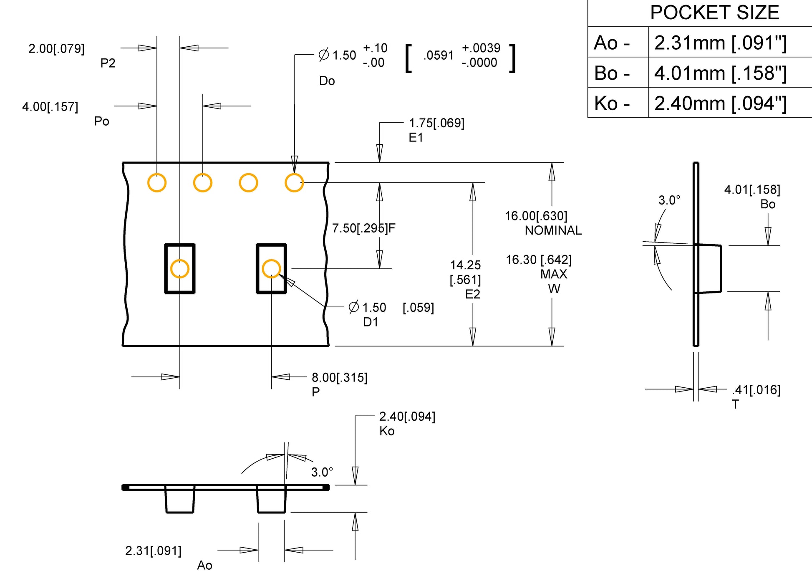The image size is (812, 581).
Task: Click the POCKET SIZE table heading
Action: (x=714, y=13)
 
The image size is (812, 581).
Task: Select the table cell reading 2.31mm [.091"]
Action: (x=720, y=43)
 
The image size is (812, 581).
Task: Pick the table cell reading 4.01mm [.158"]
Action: (x=720, y=73)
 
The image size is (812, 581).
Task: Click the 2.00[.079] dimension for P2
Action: (x=56, y=49)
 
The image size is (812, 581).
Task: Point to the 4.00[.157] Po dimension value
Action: (x=50, y=107)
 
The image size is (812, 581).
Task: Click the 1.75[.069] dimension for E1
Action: (x=436, y=123)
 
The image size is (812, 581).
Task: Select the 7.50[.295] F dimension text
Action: (x=363, y=228)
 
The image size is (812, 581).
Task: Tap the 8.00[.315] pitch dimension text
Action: (x=340, y=378)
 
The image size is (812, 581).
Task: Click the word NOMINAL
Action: (x=553, y=230)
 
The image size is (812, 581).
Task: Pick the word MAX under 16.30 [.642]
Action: (x=554, y=274)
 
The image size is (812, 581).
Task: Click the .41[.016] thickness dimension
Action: (x=756, y=390)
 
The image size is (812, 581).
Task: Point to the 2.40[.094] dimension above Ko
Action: (x=407, y=417)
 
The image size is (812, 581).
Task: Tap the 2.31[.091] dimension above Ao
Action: (x=153, y=551)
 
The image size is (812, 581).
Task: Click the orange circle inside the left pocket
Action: (x=180, y=269)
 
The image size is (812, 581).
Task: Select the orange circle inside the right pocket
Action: (x=271, y=269)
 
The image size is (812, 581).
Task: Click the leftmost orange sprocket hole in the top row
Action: (x=157, y=183)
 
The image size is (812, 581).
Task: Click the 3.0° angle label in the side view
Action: (x=669, y=200)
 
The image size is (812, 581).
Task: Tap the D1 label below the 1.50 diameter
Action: (x=371, y=322)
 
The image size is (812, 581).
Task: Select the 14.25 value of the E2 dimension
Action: (x=465, y=265)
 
